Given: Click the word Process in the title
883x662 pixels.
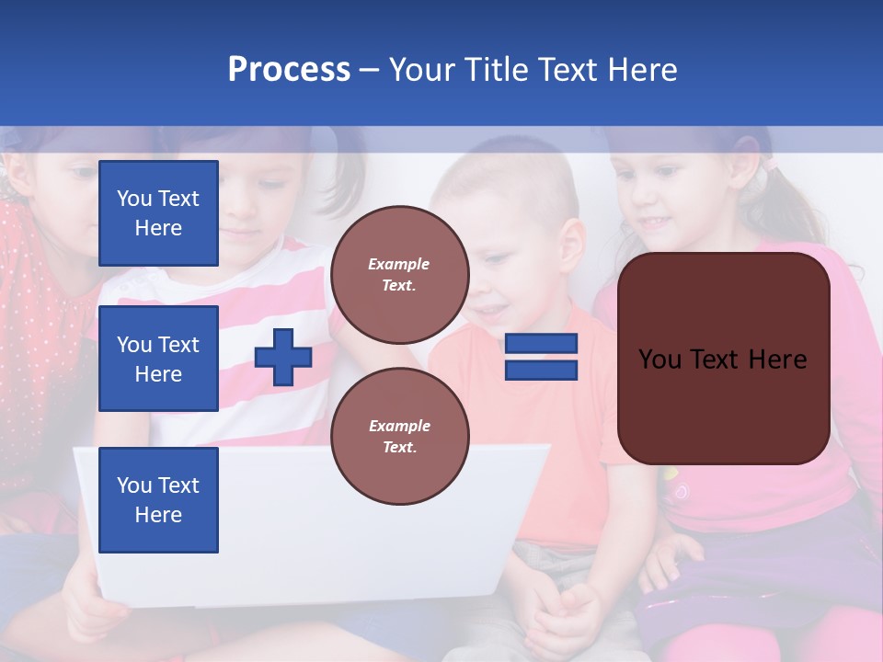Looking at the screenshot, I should (x=289, y=70).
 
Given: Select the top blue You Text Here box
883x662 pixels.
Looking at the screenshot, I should (x=158, y=213).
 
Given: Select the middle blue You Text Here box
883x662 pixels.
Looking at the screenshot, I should (x=158, y=359).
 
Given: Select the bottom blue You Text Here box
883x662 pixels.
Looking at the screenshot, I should (x=158, y=499).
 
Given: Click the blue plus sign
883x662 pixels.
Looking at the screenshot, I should (x=283, y=357).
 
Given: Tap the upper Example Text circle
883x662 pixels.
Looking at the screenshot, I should (x=399, y=275).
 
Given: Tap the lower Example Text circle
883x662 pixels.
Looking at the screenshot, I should (x=399, y=437).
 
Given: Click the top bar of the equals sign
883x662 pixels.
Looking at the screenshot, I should (x=541, y=344).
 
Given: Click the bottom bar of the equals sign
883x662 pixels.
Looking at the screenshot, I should (x=541, y=370).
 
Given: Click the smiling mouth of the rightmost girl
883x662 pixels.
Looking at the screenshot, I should (x=656, y=223).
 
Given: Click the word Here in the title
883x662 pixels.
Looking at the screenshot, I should (x=641, y=70).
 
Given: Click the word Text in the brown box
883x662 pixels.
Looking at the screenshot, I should (x=720, y=360).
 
